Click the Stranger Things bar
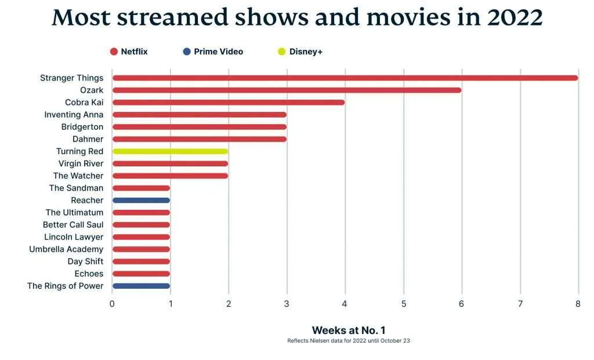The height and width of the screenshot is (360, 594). (x=345, y=78)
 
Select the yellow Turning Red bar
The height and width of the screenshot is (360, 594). (x=170, y=151)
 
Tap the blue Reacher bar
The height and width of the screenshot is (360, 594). (x=141, y=200)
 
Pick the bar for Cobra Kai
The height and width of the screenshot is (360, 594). (x=229, y=103)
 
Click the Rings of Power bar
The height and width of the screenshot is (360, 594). (x=141, y=286)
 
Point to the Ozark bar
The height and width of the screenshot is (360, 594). (x=287, y=90)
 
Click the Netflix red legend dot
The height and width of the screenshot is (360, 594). (x=114, y=52)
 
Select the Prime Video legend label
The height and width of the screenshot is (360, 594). (x=219, y=52)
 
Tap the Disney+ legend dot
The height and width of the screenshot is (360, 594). (x=281, y=52)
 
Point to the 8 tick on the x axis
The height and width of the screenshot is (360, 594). (x=578, y=304)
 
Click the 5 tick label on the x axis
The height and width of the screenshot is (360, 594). (x=404, y=304)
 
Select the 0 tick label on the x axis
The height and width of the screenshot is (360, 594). (x=112, y=304)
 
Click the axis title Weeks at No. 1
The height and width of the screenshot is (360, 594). (x=349, y=330)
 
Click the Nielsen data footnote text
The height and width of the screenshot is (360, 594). (x=349, y=341)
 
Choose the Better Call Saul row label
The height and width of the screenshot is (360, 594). (x=73, y=225)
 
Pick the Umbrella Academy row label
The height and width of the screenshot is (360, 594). (x=66, y=249)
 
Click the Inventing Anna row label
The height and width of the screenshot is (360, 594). (x=74, y=115)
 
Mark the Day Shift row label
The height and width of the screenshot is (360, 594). (x=86, y=261)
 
